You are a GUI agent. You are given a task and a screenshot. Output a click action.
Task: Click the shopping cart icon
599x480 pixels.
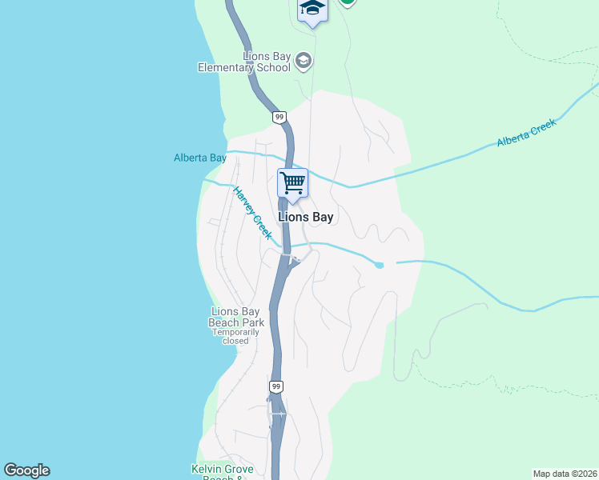click(x=292, y=182)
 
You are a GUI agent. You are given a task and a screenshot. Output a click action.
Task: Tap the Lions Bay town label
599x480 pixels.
click(x=305, y=217)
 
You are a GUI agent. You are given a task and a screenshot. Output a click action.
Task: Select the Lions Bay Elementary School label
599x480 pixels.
click(x=245, y=62)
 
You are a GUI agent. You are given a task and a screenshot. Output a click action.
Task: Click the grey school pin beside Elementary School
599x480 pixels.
click(x=304, y=61)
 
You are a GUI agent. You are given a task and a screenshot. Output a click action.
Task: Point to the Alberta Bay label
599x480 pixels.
click(x=200, y=158)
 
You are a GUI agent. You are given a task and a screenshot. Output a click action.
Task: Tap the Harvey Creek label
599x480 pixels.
click(x=252, y=212)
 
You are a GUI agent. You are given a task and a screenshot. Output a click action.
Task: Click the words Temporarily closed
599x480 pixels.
click(x=236, y=336)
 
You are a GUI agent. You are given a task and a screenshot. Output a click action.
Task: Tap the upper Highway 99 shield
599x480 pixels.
click(x=279, y=117)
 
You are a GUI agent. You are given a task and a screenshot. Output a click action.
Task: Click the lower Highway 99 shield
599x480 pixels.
click(x=276, y=386)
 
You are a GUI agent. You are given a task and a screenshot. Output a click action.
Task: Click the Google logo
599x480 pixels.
click(x=26, y=470)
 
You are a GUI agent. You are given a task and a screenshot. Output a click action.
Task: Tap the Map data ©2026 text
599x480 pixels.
click(x=565, y=473)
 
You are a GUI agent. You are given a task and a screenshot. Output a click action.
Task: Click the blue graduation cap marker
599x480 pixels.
click(x=312, y=10)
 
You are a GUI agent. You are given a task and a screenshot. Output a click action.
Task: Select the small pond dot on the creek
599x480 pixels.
click(x=379, y=265)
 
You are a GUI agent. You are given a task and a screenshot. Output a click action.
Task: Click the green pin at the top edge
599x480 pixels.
click(x=347, y=2)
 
